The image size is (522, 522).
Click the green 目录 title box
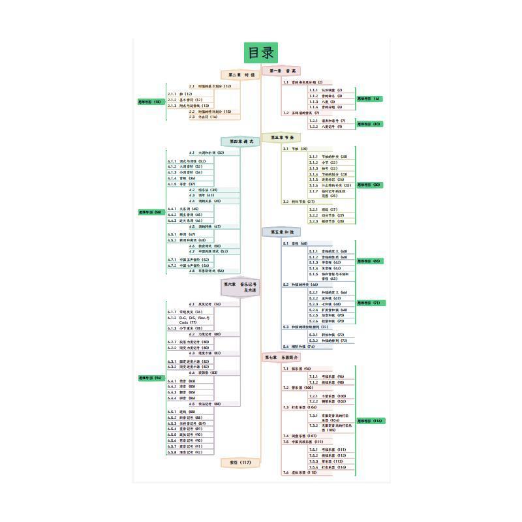(x=260, y=53)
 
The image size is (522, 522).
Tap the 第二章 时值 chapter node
(x=241, y=75)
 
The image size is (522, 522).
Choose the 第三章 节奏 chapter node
(x=282, y=138)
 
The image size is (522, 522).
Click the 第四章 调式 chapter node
(x=241, y=142)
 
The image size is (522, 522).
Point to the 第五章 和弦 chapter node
(x=282, y=232)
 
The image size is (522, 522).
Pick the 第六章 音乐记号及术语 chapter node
(x=241, y=287)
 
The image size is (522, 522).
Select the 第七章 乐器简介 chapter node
(x=282, y=358)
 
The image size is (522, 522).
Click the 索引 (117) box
(x=241, y=462)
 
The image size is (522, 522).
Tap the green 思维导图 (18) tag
(x=150, y=102)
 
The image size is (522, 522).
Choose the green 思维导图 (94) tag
(x=150, y=378)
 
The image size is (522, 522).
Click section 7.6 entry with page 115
(x=299, y=472)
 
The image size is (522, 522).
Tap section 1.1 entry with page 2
(x=303, y=82)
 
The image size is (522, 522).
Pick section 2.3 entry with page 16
(x=204, y=117)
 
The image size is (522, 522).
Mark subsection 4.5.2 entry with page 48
(x=186, y=240)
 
